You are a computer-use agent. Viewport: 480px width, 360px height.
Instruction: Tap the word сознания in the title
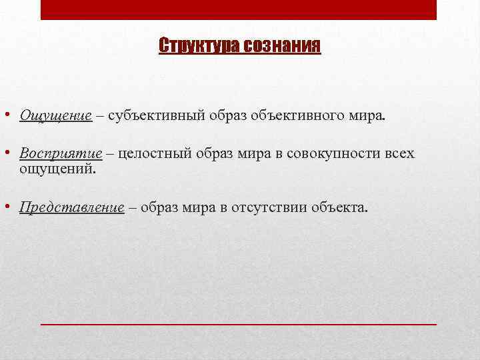282,47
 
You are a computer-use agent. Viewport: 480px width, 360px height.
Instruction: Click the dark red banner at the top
239,9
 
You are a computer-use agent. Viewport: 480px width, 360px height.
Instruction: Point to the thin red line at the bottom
239,323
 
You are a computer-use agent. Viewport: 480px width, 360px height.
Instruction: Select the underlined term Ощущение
55,116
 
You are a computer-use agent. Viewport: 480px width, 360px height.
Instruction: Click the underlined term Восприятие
61,154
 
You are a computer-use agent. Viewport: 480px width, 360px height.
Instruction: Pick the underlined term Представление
72,207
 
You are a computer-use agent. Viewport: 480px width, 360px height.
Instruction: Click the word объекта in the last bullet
339,207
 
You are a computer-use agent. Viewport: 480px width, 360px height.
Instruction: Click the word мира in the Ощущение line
371,116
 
